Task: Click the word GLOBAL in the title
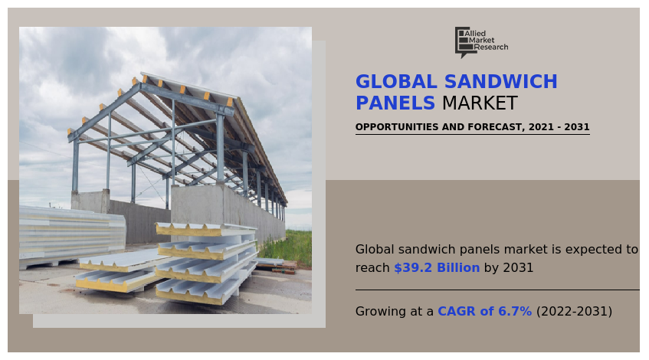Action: click(392, 83)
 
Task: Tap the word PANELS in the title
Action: click(395, 104)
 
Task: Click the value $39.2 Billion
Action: click(437, 268)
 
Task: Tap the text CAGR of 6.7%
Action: click(484, 312)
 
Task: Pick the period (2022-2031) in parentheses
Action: click(574, 312)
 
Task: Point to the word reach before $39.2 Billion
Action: click(372, 268)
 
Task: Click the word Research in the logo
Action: click(491, 47)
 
